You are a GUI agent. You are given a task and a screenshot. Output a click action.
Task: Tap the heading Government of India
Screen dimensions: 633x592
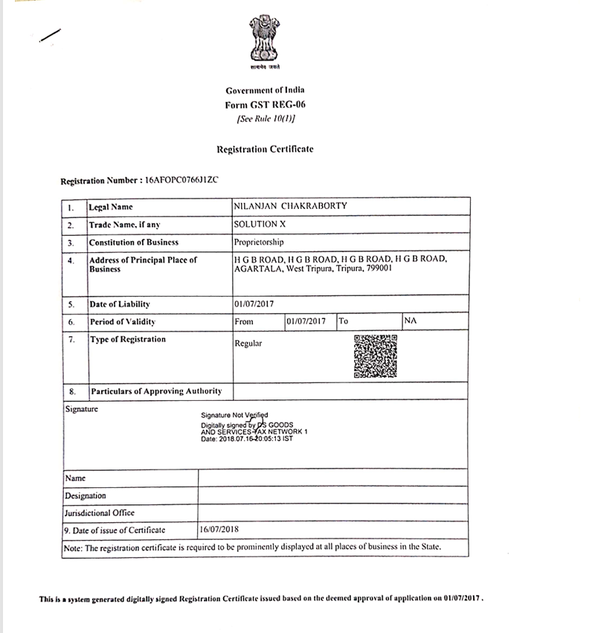(265, 90)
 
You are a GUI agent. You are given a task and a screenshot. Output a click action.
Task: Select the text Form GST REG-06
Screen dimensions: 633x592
(265, 105)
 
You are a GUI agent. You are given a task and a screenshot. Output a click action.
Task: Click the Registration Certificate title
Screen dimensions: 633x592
(265, 149)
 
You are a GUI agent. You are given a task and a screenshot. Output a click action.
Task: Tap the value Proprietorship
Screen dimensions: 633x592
(259, 242)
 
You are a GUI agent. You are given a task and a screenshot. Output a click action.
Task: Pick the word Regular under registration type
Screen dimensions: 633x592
(248, 344)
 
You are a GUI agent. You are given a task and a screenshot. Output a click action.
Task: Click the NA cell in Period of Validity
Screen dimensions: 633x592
(410, 321)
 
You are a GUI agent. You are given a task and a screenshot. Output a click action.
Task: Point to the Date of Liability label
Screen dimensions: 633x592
(119, 304)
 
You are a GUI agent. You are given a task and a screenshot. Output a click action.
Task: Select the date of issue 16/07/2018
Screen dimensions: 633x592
(219, 530)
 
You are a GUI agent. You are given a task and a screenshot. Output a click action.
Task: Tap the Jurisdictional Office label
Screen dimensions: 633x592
(100, 512)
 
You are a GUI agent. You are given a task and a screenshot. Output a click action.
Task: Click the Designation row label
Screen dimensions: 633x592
(86, 495)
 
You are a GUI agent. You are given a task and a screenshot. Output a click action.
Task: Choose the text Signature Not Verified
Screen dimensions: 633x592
(234, 415)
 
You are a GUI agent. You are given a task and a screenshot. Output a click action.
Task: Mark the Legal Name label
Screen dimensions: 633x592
(112, 207)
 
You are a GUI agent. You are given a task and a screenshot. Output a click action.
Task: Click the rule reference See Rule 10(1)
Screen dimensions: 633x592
(265, 119)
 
